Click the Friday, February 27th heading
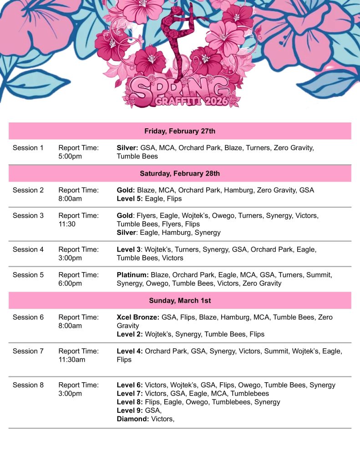click(x=180, y=131)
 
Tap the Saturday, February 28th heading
click(x=180, y=173)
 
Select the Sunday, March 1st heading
click(x=180, y=301)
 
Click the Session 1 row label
click(x=28, y=148)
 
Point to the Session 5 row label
click(x=28, y=275)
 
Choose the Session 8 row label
click(x=28, y=385)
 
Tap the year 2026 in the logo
click(x=214, y=101)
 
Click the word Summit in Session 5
click(x=319, y=275)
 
